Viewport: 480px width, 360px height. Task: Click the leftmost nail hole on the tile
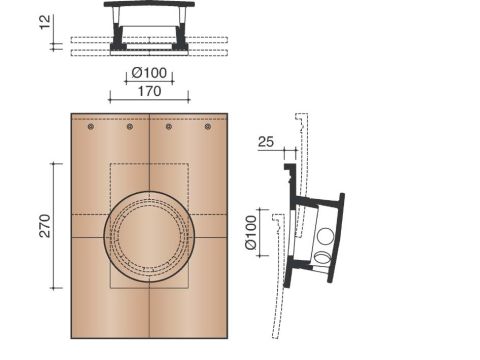91,127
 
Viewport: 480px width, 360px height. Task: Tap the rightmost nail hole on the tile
208,127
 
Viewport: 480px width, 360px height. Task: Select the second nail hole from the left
130,127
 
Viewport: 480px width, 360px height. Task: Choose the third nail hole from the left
169,127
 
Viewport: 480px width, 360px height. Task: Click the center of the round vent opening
149,237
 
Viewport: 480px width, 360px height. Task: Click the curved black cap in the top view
150,7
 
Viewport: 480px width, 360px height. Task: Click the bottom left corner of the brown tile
72,337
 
